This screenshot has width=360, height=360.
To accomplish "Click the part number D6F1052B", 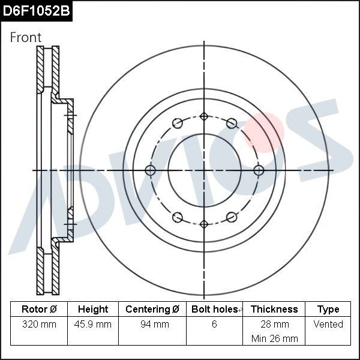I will point(36,11).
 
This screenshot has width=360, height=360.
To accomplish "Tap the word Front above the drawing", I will point(26,37).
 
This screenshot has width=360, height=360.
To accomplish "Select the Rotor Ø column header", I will point(39,309).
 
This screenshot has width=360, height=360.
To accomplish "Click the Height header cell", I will point(93,309).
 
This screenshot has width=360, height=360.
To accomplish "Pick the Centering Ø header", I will point(152,309).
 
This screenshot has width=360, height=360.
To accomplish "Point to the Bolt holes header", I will point(214,309).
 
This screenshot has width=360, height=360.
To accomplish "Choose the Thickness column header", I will point(274,309).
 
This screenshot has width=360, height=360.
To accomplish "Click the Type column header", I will point(328,309).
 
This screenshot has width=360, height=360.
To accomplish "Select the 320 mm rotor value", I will point(39,325).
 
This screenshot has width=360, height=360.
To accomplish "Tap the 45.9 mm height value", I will point(93,325).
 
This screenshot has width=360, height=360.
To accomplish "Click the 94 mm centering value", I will point(152,325).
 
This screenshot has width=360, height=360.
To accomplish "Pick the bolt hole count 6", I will point(214,325).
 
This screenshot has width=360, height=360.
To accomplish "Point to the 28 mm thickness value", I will point(274,325).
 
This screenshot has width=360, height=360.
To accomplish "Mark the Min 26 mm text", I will point(274,338).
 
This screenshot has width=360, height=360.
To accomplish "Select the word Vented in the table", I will point(328,325).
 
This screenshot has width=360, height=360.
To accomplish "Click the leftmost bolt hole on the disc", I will point(150,170).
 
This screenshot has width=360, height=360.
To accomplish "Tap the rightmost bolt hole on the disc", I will point(259,170).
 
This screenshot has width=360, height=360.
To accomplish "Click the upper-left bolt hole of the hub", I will point(177,124).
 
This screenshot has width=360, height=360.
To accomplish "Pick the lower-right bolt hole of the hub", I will point(232,217).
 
